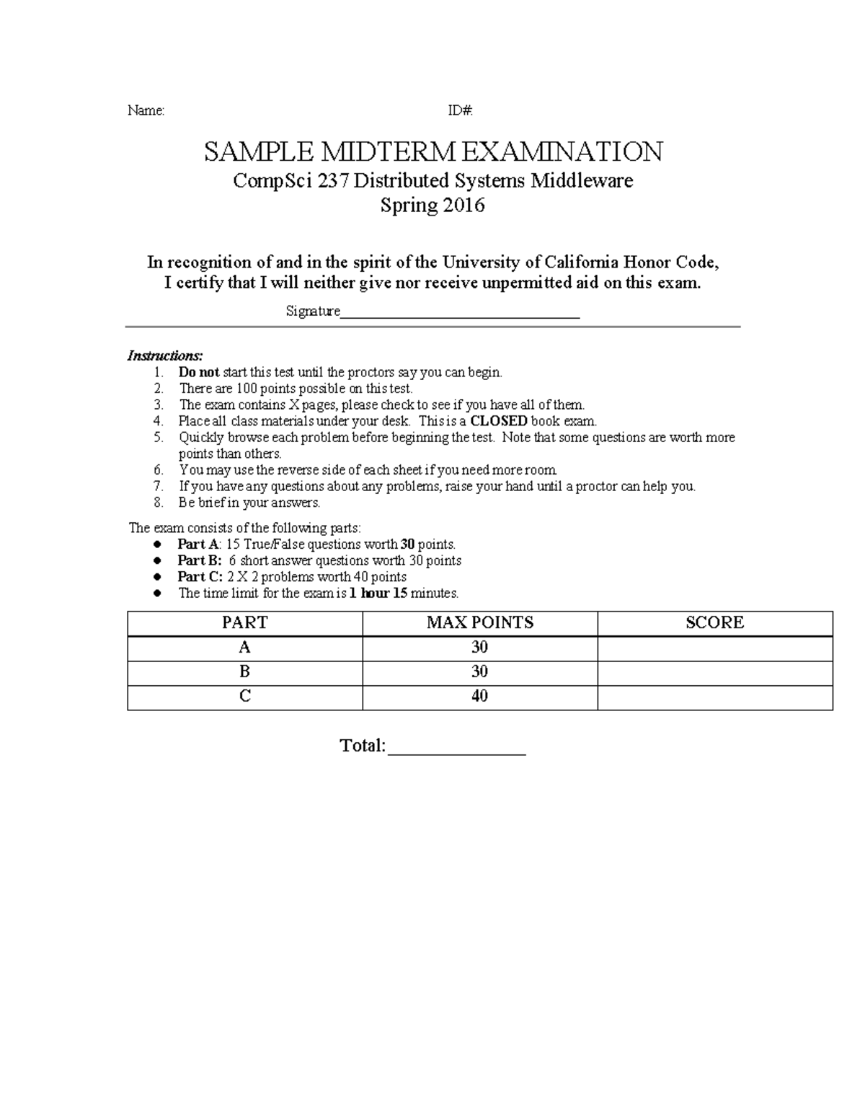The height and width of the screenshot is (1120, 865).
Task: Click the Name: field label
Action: pos(146,110)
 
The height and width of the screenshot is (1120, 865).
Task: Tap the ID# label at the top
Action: pos(460,110)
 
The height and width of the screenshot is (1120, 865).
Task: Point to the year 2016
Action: pos(463,206)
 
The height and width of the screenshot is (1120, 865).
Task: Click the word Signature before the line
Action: pos(313,312)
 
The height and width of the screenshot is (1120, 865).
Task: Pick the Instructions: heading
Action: pos(165,356)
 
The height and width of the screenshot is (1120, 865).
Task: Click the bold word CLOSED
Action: pos(499,421)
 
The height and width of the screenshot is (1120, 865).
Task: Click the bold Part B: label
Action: pos(200,560)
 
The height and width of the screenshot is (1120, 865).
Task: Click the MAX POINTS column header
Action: pos(479,623)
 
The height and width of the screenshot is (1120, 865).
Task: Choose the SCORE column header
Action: pos(714,623)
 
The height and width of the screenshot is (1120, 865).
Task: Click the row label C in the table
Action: pos(245,697)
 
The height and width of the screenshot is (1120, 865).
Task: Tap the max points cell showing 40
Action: pos(479,697)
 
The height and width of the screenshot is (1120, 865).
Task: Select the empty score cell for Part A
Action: pos(714,648)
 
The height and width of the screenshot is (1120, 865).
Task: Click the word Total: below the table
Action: pos(363,746)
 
